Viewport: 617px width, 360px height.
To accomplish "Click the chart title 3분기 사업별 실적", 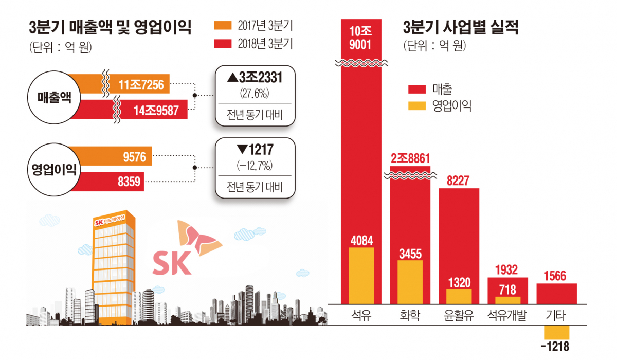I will pyautogui.click(x=461, y=27).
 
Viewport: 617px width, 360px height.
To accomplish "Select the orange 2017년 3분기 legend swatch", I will pyautogui.click(x=225, y=26).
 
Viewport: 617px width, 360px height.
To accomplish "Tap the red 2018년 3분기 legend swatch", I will pyautogui.click(x=225, y=44).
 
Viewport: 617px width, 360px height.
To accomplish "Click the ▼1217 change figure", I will pyautogui.click(x=255, y=150).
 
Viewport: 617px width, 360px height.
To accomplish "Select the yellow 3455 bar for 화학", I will pyautogui.click(x=410, y=281).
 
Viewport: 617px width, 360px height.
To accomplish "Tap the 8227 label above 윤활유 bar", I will pyautogui.click(x=459, y=180).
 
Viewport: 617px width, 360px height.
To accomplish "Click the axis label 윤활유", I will pyautogui.click(x=459, y=315).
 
